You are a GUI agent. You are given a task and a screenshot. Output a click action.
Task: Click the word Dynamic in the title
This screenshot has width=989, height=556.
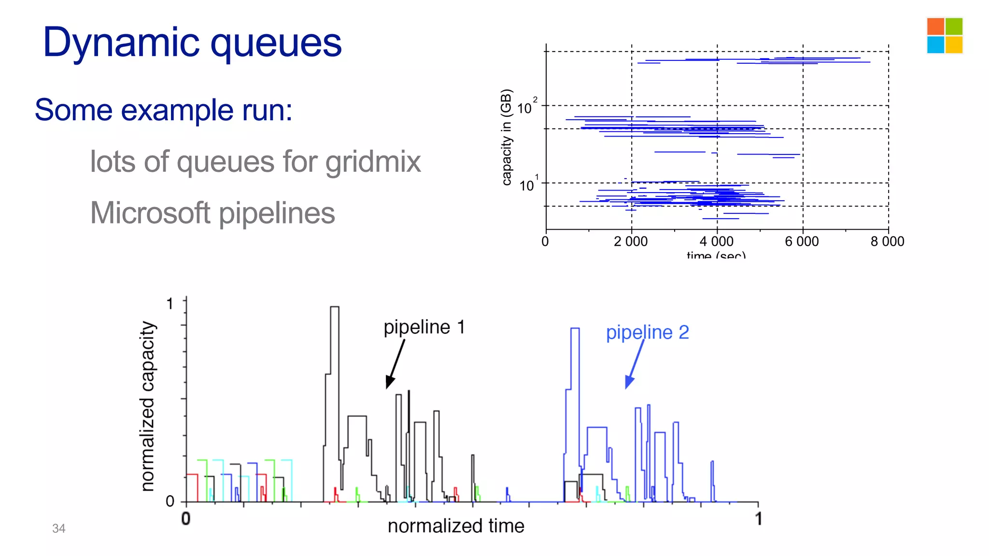tap(121, 42)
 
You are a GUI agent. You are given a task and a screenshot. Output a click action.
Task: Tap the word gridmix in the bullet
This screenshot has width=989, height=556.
tap(373, 162)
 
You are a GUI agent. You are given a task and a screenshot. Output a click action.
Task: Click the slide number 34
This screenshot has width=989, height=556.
tap(58, 528)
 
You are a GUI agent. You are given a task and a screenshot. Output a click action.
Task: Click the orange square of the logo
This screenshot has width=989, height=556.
tap(935, 27)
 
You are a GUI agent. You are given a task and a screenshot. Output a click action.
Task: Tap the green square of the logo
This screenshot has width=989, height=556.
tap(954, 27)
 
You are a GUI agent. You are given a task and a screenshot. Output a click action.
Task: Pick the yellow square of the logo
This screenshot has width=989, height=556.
tap(954, 45)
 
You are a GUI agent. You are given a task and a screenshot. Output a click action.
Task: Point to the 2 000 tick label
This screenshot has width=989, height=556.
tap(631, 241)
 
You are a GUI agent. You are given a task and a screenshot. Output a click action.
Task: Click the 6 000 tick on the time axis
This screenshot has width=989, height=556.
tap(802, 241)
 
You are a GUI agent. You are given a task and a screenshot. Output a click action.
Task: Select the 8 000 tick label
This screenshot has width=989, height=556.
tap(887, 241)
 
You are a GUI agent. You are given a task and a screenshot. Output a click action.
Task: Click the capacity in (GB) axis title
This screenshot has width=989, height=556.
tap(506, 137)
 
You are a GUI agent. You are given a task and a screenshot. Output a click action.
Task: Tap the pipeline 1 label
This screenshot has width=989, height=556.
tap(424, 327)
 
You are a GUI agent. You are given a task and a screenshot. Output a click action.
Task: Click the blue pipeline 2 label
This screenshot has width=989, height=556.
tap(647, 333)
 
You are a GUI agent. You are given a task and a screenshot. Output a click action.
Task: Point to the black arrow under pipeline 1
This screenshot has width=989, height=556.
tap(395, 364)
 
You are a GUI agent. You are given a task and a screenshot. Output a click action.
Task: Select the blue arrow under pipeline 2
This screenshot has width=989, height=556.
tap(635, 364)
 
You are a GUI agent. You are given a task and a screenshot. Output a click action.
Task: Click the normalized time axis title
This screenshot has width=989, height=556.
tap(455, 526)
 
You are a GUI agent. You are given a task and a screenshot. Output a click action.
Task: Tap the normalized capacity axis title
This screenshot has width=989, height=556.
tap(148, 406)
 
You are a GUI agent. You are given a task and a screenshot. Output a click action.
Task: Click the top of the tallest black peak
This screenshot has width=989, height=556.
tap(334, 307)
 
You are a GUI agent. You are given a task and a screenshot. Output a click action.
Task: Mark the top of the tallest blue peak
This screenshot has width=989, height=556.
tap(575, 329)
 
